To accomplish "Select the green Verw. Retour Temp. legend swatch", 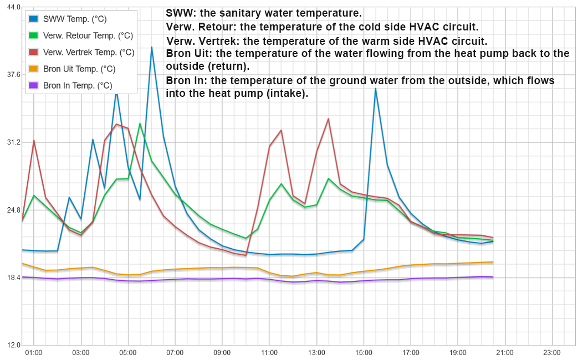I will tap(34, 36).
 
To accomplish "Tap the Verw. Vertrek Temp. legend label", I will tap(89, 53).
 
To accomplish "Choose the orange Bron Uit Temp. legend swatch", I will tap(34, 69).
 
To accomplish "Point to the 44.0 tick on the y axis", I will tap(13, 7).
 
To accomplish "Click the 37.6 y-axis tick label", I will tap(13, 75).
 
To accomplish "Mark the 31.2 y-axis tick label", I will tap(13, 142).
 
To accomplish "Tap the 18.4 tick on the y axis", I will tap(13, 277).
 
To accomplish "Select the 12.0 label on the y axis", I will tap(13, 345).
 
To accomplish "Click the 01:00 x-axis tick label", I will tap(34, 352).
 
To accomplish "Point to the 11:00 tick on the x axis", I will tap(269, 352).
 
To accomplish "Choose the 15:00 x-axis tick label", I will tap(364, 352).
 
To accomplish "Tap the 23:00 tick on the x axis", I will tap(552, 352).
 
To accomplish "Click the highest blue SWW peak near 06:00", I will tap(152, 47).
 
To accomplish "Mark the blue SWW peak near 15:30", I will tap(376, 89).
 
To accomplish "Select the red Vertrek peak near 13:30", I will tap(329, 119).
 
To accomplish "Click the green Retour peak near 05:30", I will tap(140, 124).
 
